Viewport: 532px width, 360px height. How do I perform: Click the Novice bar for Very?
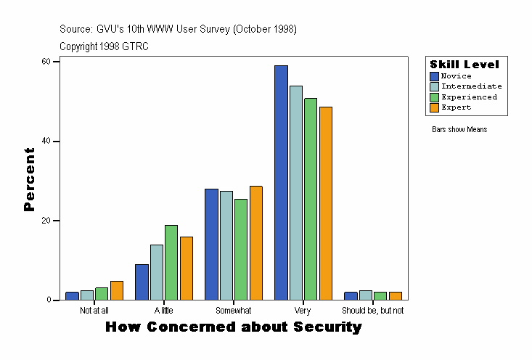tap(281, 183)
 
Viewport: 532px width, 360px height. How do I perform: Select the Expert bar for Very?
tap(326, 203)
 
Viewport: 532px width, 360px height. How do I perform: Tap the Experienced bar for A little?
tap(171, 263)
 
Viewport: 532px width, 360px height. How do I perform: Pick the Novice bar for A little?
tap(142, 282)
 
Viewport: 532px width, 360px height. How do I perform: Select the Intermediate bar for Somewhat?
tap(226, 245)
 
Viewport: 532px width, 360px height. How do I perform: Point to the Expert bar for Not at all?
tap(117, 290)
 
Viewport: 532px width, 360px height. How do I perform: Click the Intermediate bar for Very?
tap(296, 193)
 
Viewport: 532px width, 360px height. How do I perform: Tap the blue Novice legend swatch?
tap(434, 76)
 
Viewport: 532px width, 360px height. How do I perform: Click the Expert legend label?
tap(456, 107)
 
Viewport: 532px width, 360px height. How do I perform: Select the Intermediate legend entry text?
tap(471, 86)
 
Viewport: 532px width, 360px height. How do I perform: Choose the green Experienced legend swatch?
tap(434, 97)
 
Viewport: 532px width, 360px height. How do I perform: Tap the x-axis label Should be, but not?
tap(372, 311)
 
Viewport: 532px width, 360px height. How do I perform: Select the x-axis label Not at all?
tap(94, 311)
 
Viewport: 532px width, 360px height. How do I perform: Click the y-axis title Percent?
tap(29, 179)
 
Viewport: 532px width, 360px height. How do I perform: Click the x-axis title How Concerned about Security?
tap(233, 327)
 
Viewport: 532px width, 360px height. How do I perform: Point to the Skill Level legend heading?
tap(465, 65)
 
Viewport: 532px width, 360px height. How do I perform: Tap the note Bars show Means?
tap(459, 130)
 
